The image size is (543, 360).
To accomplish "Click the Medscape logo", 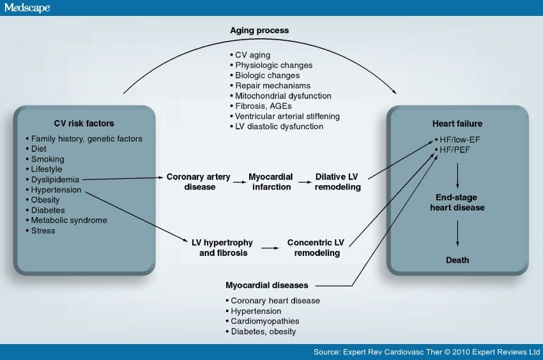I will click(x=27, y=8).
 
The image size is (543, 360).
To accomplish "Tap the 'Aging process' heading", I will click(x=259, y=30).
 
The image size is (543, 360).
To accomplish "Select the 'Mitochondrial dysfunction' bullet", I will click(x=282, y=96).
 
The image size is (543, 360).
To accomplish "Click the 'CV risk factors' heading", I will click(x=84, y=123).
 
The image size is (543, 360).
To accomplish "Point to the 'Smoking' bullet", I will click(x=48, y=159).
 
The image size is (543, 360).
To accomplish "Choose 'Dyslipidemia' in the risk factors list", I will click(x=56, y=179).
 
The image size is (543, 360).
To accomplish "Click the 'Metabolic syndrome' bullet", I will click(x=69, y=220).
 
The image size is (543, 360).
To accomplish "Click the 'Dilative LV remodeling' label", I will click(x=338, y=182).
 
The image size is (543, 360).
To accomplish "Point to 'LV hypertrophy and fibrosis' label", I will click(x=222, y=248).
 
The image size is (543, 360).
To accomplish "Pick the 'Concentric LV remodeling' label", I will click(x=316, y=248).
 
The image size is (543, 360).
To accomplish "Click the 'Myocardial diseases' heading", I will click(x=267, y=285).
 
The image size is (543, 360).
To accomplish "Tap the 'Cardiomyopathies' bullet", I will click(x=264, y=321).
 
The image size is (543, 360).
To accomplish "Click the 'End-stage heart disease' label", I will click(x=457, y=202).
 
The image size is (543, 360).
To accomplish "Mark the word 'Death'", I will click(x=457, y=260).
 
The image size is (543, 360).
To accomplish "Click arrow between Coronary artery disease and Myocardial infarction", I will click(x=240, y=183).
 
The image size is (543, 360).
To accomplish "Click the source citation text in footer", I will click(x=426, y=352).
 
